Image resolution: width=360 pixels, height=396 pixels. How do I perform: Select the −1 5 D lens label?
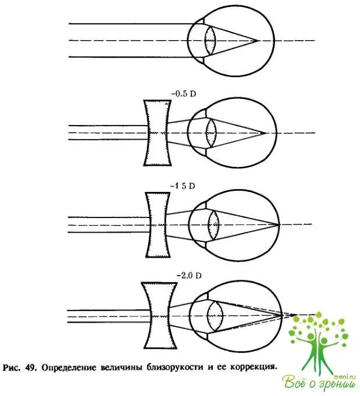coord(183,186)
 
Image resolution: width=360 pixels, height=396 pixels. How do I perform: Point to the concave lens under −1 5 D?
coord(158,224)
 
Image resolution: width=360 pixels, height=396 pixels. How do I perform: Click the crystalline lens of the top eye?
coord(211,40)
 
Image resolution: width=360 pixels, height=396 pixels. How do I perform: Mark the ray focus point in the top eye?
coord(256,41)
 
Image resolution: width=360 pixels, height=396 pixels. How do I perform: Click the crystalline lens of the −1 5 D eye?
coord(213,224)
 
